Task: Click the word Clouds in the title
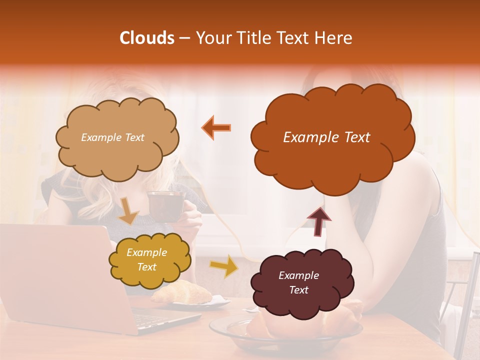146,38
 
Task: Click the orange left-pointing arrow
216,127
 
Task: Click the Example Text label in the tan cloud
112,137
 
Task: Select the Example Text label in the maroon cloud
298,282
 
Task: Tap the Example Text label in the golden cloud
146,259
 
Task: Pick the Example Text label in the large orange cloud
326,137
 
